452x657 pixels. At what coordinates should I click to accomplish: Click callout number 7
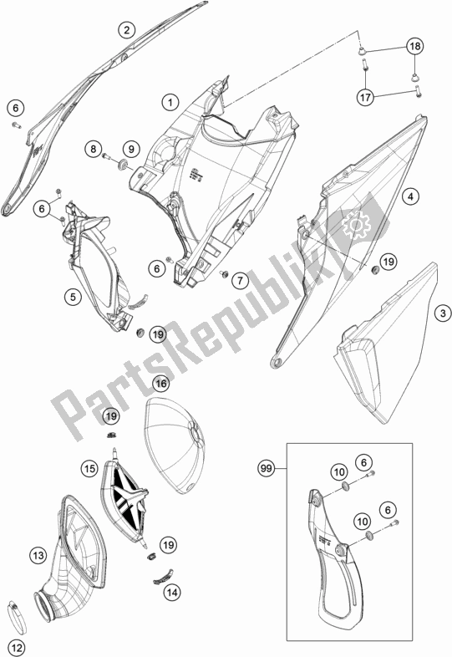(239, 282)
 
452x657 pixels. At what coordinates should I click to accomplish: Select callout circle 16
(161, 384)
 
